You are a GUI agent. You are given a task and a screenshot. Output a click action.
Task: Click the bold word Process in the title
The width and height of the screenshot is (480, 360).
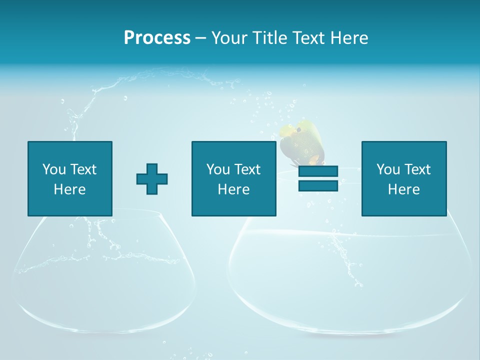pyautogui.click(x=157, y=37)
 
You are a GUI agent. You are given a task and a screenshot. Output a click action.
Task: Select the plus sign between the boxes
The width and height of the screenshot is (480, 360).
pyautogui.click(x=152, y=179)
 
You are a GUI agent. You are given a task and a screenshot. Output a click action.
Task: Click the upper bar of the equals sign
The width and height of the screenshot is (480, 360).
pyautogui.click(x=318, y=171)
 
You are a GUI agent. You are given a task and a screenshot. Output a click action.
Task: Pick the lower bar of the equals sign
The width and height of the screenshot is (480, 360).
pyautogui.click(x=318, y=185)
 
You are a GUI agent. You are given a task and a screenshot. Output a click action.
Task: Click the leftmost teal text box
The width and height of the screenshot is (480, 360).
pyautogui.click(x=70, y=178)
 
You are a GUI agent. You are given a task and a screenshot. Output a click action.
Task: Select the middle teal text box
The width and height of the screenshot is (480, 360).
pyautogui.click(x=233, y=178)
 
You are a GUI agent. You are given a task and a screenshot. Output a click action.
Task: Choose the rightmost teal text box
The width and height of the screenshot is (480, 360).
pyautogui.click(x=403, y=178)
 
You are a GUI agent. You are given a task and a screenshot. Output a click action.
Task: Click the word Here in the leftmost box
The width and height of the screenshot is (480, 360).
pyautogui.click(x=70, y=189)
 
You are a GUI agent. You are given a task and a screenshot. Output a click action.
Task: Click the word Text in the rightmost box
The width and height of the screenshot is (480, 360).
pyautogui.click(x=417, y=169)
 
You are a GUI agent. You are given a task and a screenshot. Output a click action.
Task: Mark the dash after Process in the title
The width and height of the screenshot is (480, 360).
pyautogui.click(x=200, y=37)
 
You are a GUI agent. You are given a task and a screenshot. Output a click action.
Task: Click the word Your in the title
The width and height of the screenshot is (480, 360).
pyautogui.click(x=229, y=37)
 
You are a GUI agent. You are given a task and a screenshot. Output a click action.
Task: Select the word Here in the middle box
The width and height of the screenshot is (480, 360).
pyautogui.click(x=233, y=189)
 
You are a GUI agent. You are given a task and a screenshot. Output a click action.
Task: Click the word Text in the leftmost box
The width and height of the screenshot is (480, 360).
pyautogui.click(x=83, y=169)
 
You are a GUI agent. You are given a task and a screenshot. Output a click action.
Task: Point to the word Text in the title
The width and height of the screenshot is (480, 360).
pyautogui.click(x=308, y=37)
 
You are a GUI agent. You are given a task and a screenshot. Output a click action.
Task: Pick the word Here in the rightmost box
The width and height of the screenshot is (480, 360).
pyautogui.click(x=403, y=189)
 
